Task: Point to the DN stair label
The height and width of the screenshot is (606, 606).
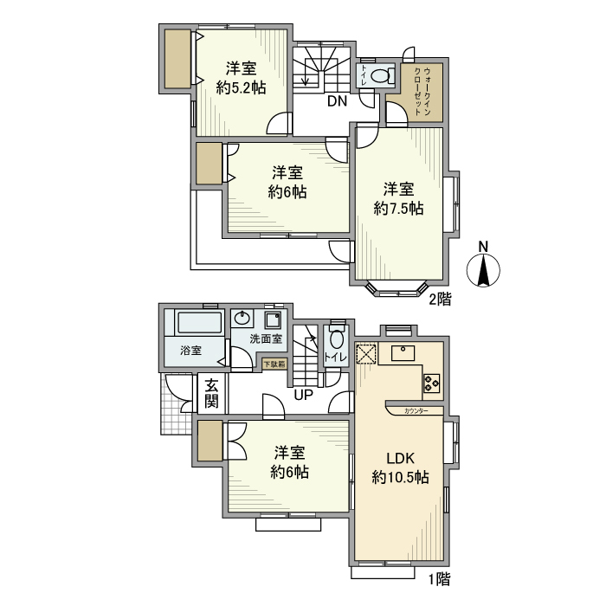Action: point(337,100)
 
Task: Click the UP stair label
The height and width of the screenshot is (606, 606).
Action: point(304,396)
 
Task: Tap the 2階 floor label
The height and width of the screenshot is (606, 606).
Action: point(440,300)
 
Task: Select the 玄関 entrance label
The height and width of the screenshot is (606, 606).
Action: point(212,395)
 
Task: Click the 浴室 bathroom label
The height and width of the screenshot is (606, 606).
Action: point(190,351)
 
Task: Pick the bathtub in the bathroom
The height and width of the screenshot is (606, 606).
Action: point(199,325)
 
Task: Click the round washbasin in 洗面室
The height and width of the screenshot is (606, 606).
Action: point(244,317)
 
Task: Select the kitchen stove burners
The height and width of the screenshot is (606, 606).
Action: point(432,381)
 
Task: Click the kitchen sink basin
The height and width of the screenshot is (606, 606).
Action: point(404,352)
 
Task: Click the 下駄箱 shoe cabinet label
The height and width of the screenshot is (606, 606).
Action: point(275,364)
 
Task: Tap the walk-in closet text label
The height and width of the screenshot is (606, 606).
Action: point(425,90)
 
